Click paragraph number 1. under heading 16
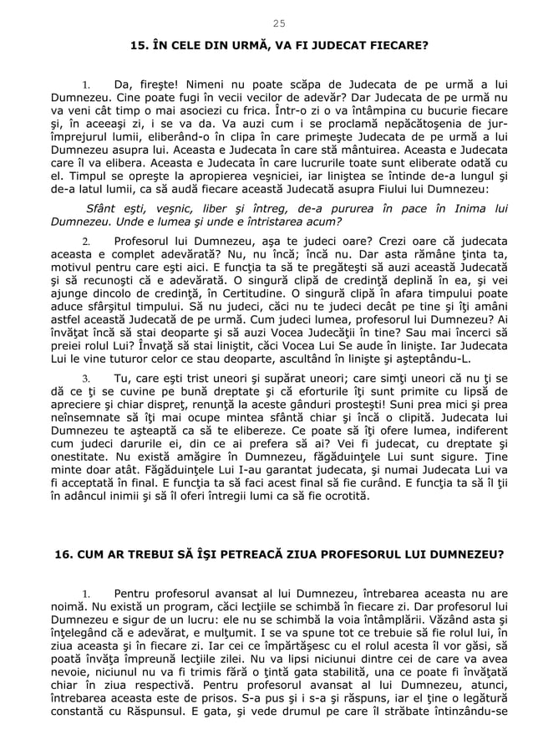tap(86, 594)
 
